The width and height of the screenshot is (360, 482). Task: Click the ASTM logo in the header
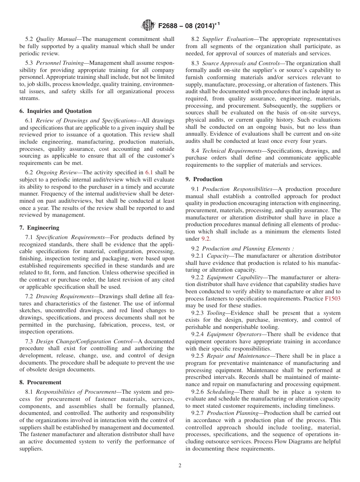(148, 26)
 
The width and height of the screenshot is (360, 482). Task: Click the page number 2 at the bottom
(180, 466)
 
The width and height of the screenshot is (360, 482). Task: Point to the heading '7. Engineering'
(39, 228)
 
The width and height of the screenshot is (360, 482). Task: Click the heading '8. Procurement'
(40, 382)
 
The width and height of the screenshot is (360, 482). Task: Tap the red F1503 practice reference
(332, 299)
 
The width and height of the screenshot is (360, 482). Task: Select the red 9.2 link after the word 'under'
(205, 239)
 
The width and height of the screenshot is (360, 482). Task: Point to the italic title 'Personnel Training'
(59, 63)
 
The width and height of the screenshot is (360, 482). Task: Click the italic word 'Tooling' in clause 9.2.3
(217, 313)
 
